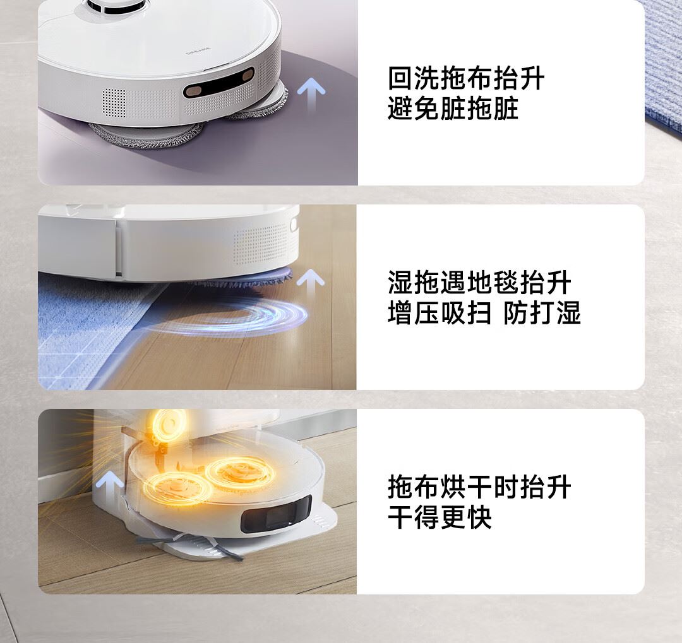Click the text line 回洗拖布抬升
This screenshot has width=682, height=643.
click(x=466, y=78)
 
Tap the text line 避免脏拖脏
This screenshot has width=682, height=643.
click(x=453, y=109)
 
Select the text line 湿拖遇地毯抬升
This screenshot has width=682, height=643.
click(x=479, y=283)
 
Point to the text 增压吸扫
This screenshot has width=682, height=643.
click(x=440, y=312)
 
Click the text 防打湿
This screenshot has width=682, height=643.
click(x=542, y=312)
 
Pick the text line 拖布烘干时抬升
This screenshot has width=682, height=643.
click(x=479, y=487)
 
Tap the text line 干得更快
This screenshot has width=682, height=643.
click(x=440, y=517)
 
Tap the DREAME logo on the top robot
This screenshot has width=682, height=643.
click(x=198, y=52)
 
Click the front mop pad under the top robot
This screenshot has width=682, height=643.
click(x=147, y=134)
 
